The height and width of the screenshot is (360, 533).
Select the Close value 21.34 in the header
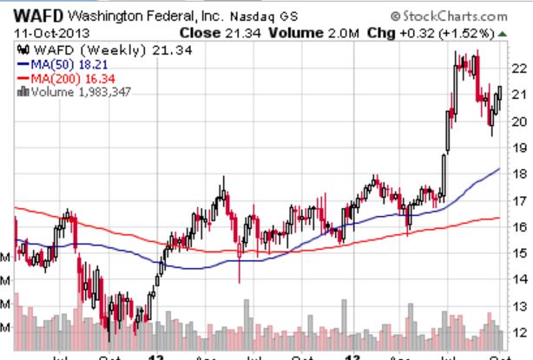[233, 33]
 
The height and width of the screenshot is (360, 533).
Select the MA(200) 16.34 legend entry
[65, 78]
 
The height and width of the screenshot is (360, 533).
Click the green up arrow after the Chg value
[503, 33]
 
